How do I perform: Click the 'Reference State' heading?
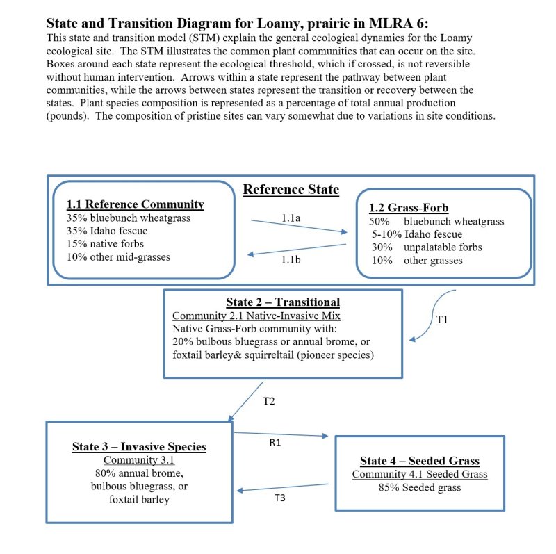pos(291,189)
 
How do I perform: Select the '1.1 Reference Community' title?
pos(135,204)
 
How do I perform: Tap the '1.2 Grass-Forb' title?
pos(409,207)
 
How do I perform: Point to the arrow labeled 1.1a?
pos(299,227)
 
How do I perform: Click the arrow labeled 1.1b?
pos(297,250)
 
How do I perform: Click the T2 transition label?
pos(268,401)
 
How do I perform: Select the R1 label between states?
pos(275,443)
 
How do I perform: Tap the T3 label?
pos(280,498)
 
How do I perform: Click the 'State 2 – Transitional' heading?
pos(283,302)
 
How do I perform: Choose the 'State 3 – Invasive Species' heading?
pos(139,446)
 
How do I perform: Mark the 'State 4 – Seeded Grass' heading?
pos(420,461)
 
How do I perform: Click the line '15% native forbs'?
pos(105,244)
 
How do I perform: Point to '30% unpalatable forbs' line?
pos(427,247)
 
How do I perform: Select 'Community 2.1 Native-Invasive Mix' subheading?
pos(256,316)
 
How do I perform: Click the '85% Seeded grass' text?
pos(420,488)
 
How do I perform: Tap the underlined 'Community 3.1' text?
pos(139,460)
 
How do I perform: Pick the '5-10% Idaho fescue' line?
pos(417,234)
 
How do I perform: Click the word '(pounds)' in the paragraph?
pos(67,116)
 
